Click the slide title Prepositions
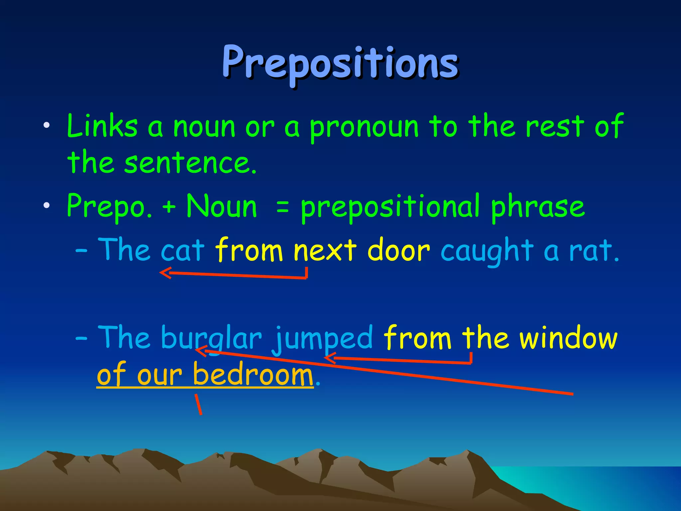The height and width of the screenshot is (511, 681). coord(340,63)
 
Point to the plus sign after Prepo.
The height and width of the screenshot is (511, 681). coord(169,207)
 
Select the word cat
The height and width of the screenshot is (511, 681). coord(182,251)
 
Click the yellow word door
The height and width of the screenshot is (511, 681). coord(398,250)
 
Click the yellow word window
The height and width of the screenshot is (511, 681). coord(569,338)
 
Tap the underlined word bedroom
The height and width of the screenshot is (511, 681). coord(253,375)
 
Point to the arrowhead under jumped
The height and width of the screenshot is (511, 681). coord(329,358)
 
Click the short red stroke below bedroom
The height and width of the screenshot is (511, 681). coord(198,404)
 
